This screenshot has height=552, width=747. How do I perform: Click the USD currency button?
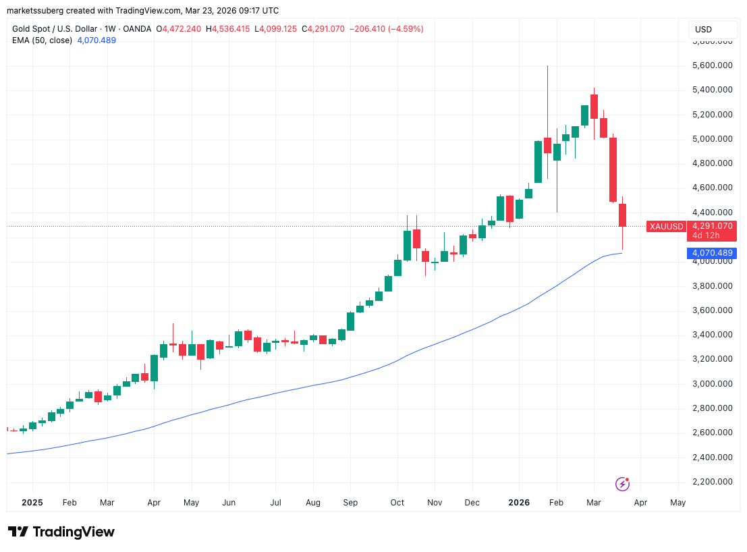[x=703, y=30]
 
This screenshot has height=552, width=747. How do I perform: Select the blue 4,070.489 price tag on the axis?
[x=711, y=253]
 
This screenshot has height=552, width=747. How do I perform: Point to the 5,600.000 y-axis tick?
[x=713, y=65]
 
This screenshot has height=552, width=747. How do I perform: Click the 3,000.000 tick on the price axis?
[x=713, y=384]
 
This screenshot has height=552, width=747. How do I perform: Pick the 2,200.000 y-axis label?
[x=713, y=482]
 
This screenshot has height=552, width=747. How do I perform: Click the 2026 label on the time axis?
[x=519, y=503]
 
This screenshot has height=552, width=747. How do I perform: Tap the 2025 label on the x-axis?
[x=32, y=503]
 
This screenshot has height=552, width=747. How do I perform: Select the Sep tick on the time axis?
[x=350, y=503]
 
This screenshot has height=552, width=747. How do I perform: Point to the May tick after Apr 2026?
[x=677, y=503]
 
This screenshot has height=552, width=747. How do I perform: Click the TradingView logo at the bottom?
[x=61, y=532]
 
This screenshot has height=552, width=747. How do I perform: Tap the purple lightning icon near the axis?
[x=623, y=483]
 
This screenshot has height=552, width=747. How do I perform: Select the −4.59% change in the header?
[x=404, y=29]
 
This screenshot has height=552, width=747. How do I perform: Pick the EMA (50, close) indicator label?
[x=41, y=40]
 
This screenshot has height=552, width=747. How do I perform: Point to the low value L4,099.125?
[x=277, y=29]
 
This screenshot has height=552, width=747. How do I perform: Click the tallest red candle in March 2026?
[x=613, y=169]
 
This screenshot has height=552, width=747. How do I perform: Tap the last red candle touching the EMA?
[x=623, y=215]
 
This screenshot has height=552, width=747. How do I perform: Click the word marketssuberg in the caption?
[x=33, y=11]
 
